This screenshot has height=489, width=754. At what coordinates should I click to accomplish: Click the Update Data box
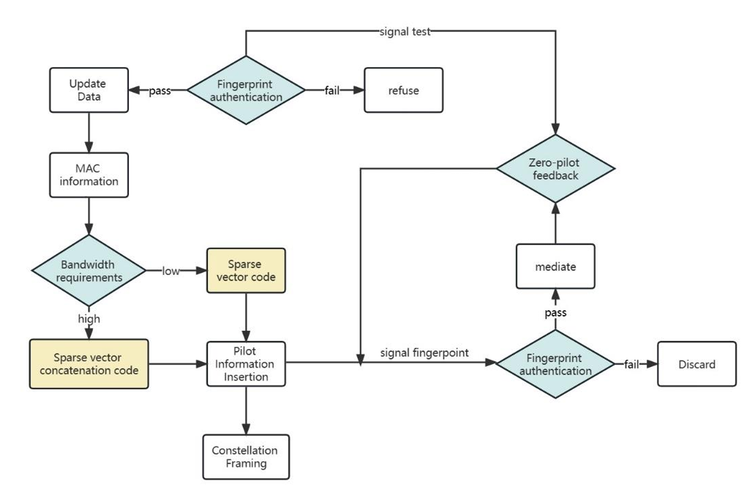(x=89, y=90)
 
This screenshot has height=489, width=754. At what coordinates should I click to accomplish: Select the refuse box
(x=403, y=90)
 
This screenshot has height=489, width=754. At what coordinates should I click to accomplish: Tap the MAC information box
(x=89, y=175)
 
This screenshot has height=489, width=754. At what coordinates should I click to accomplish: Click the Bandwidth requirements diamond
(x=88, y=271)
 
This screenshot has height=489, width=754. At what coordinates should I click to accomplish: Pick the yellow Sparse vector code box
(x=246, y=271)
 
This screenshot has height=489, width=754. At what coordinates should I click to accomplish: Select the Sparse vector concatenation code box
(x=89, y=364)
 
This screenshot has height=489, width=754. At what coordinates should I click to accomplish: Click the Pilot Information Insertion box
(x=246, y=364)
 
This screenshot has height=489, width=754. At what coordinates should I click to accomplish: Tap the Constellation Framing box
(x=246, y=457)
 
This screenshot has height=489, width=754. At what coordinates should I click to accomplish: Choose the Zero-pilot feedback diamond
(x=555, y=169)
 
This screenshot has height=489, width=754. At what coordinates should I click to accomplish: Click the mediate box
(x=555, y=266)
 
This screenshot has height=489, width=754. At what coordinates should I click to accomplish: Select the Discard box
(x=696, y=364)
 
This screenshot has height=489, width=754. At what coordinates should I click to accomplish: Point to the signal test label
(x=405, y=32)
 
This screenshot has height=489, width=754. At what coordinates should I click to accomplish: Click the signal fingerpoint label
(x=424, y=353)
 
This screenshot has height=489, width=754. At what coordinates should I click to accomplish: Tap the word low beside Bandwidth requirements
(x=171, y=271)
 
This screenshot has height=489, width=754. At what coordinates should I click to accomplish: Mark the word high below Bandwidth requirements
(x=89, y=319)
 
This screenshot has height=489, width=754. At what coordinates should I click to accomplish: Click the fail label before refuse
(x=332, y=91)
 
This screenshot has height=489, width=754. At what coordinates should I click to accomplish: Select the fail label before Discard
(x=631, y=364)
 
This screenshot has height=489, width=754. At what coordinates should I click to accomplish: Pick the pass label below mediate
(x=555, y=312)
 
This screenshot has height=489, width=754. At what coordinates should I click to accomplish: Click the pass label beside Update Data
(x=160, y=91)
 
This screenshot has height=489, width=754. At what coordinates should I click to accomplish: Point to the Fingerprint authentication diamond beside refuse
(x=246, y=90)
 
